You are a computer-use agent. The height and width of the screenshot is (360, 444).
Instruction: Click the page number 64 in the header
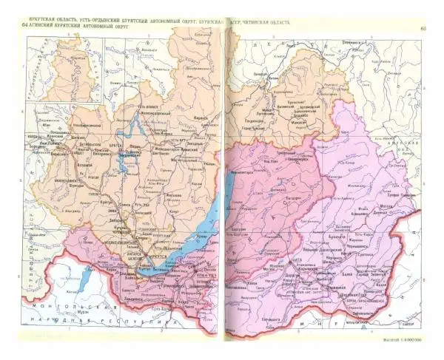(x=26, y=27)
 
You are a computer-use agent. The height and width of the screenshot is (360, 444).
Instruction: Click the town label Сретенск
(x=360, y=260)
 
